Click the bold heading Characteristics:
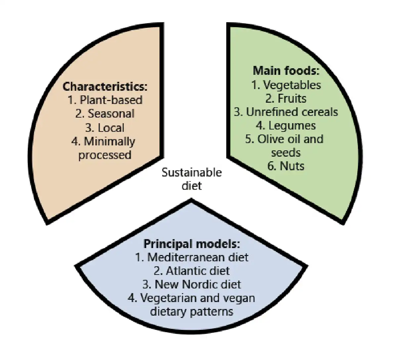105,87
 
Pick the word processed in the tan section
105,155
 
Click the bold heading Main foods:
286,71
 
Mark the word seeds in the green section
286,153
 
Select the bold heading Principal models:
192,244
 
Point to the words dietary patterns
192,312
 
